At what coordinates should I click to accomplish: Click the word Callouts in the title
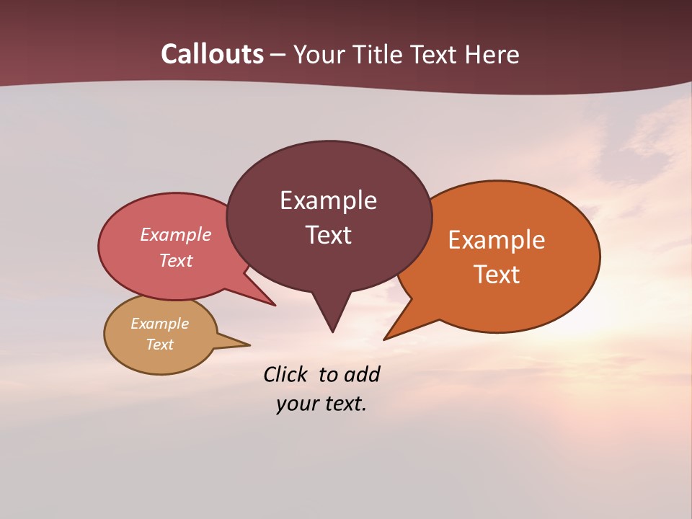(x=212, y=54)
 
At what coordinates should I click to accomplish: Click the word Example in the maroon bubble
(x=328, y=200)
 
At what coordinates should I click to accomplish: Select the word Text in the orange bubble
(x=497, y=274)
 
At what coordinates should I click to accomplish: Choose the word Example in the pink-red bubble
(x=176, y=234)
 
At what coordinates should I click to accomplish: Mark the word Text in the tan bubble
(x=160, y=345)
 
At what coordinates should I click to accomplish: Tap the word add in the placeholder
(x=361, y=374)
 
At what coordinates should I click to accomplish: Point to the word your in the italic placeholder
(x=293, y=404)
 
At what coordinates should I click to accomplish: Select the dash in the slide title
(x=279, y=56)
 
